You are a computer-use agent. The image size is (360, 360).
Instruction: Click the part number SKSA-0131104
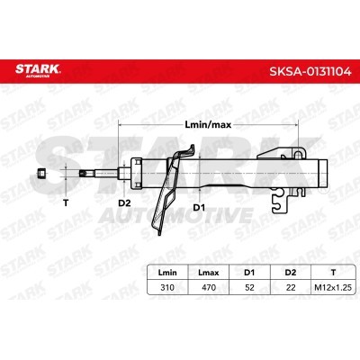coord(310,72)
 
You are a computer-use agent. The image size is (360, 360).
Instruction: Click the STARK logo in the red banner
coord(38,70)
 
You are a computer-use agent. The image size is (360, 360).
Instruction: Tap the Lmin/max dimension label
coord(208,124)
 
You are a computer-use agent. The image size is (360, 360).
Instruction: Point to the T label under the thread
coord(66,202)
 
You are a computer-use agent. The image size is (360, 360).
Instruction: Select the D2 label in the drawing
coord(124,203)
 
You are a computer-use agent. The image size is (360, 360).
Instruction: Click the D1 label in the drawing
coord(199,207)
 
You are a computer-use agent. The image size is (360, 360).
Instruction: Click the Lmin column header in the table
coord(167,273)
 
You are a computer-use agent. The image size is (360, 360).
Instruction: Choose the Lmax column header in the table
coord(209,273)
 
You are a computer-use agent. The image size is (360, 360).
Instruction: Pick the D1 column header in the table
coord(249,273)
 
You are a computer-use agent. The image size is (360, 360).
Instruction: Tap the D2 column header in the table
coord(291,273)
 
